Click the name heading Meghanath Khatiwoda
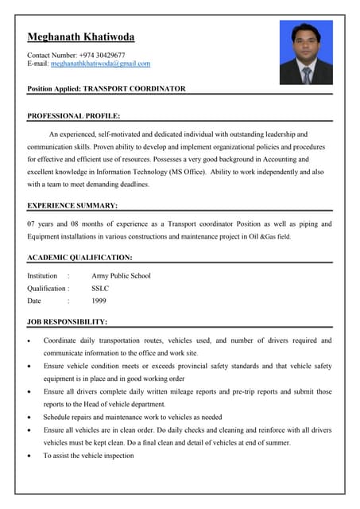coord(80,37)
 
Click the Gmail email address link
coord(100,64)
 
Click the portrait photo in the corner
coord(306,52)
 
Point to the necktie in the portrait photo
coord(306,74)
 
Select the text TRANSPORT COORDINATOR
coord(134,89)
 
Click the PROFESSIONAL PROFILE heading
coord(73,116)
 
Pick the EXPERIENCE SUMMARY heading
coord(72,206)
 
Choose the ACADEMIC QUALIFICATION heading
coord(79,258)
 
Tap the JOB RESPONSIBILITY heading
coord(67,322)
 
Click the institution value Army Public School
coord(121,276)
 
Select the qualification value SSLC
coord(100,289)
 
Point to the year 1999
coord(99,301)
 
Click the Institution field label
coord(42,276)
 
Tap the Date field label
coord(34,301)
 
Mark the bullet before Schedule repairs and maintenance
coord(29,418)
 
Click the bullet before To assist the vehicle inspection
coord(29,456)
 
